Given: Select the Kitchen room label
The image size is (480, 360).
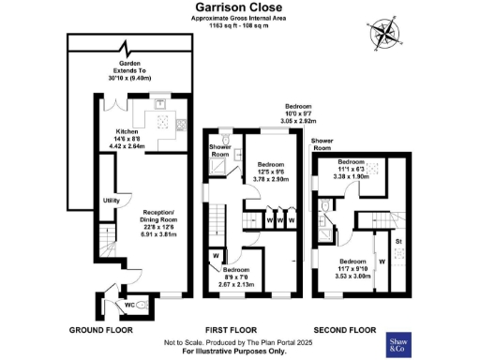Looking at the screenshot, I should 127,131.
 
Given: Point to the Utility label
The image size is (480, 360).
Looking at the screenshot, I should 111,201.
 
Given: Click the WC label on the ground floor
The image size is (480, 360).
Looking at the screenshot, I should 129,305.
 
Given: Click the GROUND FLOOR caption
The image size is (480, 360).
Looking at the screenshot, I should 101,331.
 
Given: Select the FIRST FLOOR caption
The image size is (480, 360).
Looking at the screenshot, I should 230,331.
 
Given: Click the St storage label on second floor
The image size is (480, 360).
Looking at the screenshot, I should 398,243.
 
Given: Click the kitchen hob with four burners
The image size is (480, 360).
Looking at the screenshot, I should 163,123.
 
